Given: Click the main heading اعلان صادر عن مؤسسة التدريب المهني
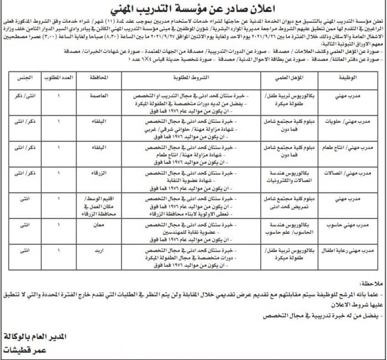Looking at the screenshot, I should point(193,9).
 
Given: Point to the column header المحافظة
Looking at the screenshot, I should point(99,78).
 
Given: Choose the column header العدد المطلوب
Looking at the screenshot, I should point(58,78).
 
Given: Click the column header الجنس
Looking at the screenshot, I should point(25,78).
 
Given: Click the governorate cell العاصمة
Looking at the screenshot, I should point(99,96).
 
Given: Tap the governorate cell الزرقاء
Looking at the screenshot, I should point(99,173).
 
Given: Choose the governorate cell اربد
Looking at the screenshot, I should point(99,250).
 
